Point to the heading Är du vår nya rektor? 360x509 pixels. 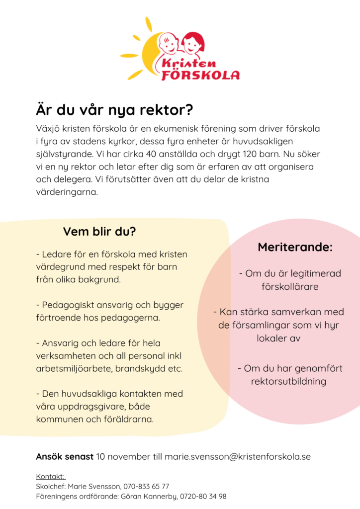coord(114,110)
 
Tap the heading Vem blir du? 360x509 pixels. coord(99,232)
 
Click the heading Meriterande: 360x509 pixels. coord(295,247)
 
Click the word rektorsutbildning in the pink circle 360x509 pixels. coord(289,382)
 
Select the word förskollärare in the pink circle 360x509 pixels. coord(290,287)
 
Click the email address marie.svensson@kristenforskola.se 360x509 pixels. coord(238,456)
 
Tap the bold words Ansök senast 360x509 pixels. coord(65,456)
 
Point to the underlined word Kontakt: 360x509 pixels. coord(51,477)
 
